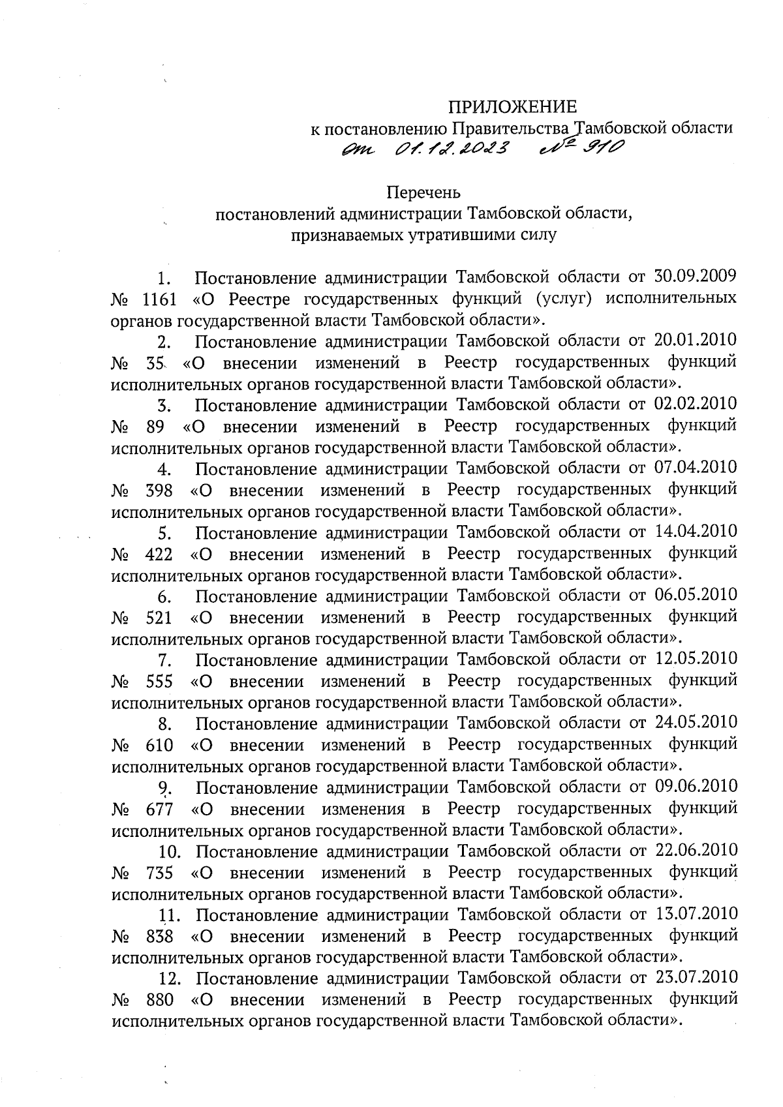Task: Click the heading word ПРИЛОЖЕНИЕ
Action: click(x=512, y=106)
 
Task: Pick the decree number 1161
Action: click(x=159, y=299)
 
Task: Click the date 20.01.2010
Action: click(x=695, y=340)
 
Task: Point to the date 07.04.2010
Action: click(x=695, y=468)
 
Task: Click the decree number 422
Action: click(x=159, y=554)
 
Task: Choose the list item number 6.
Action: click(x=164, y=597)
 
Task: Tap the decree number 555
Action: click(x=159, y=682)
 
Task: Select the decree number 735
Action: click(x=159, y=873)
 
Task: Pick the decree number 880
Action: click(x=159, y=1001)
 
